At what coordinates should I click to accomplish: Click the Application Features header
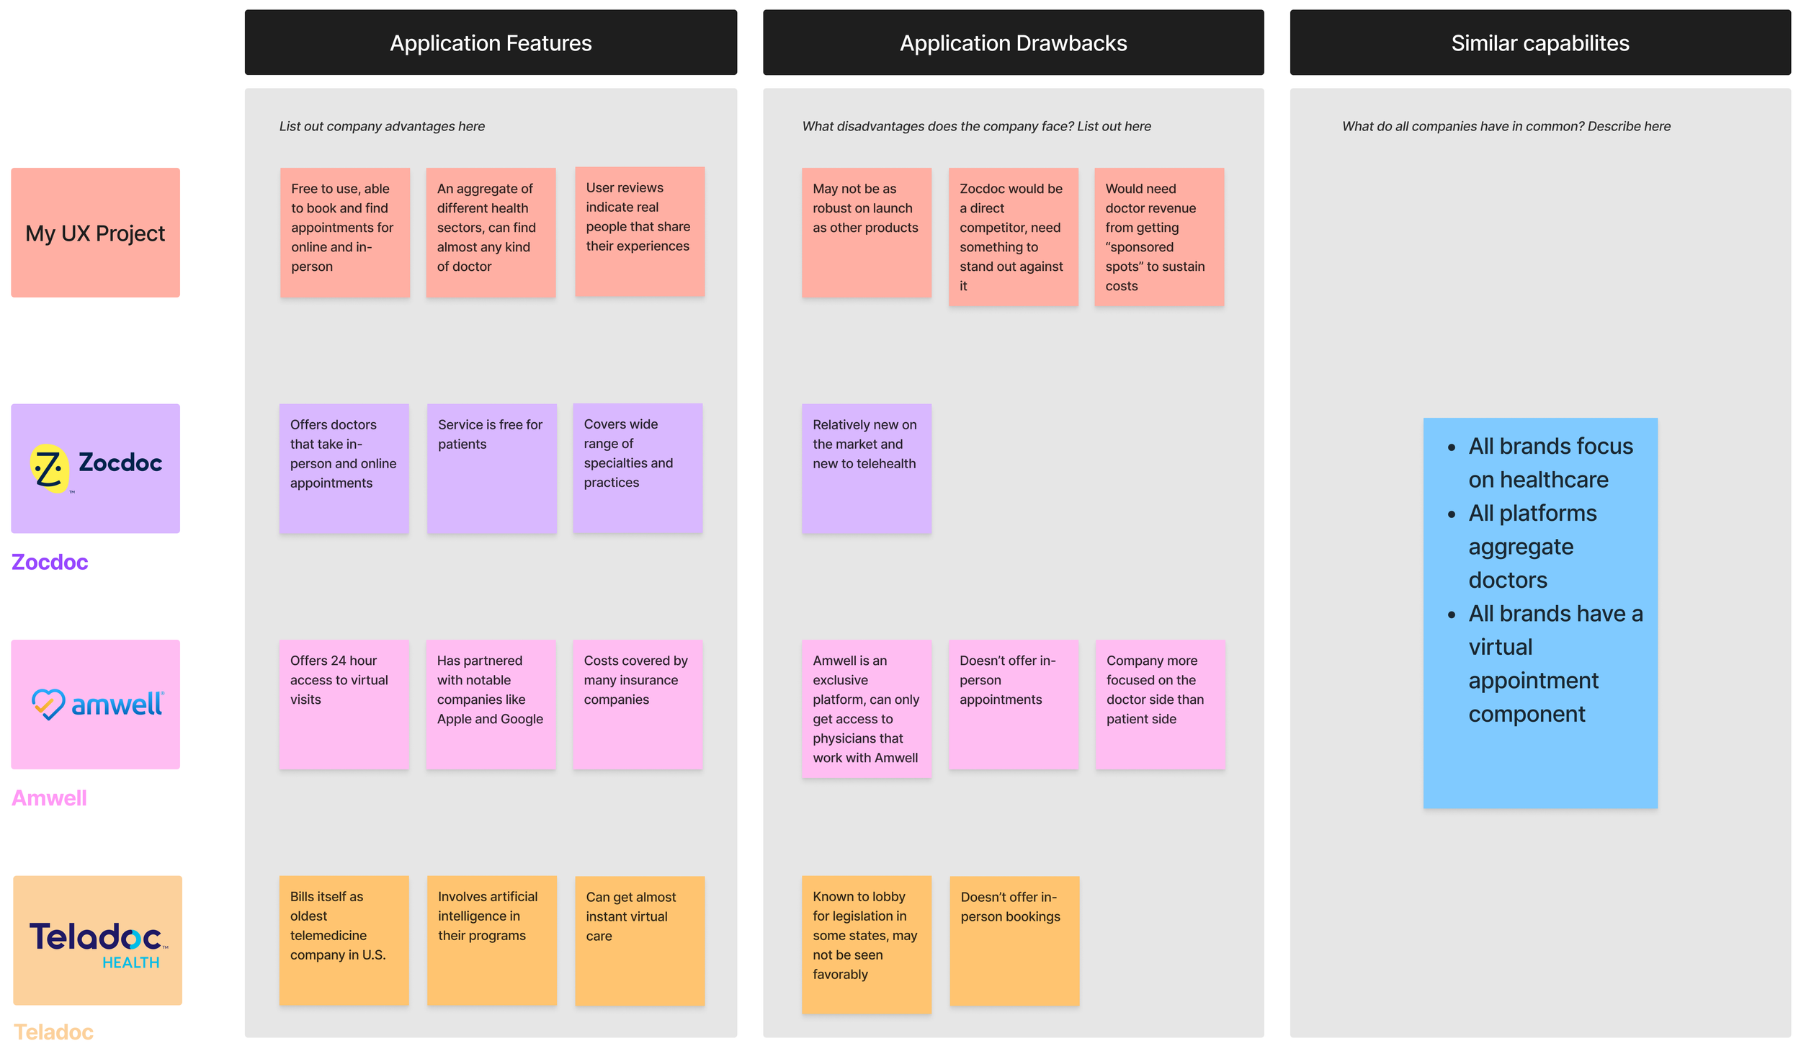(x=491, y=43)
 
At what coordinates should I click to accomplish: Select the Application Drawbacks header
(x=1013, y=43)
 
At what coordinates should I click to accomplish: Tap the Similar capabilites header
(x=1539, y=43)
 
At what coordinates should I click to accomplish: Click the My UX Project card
(x=95, y=233)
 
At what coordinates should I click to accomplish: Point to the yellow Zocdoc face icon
(x=49, y=468)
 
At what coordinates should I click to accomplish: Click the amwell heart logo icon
(x=48, y=705)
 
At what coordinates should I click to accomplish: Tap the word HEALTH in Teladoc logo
(x=130, y=962)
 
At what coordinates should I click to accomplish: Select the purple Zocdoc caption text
(x=50, y=562)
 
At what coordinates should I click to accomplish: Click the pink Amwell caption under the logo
(x=49, y=798)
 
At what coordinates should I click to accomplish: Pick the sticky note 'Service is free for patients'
(x=491, y=468)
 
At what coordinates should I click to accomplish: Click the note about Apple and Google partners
(x=491, y=705)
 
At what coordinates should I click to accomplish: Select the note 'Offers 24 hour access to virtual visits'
(x=344, y=705)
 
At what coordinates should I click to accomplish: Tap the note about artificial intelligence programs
(x=491, y=940)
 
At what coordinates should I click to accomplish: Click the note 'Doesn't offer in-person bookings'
(x=1014, y=940)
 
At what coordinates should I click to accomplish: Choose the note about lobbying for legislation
(x=867, y=944)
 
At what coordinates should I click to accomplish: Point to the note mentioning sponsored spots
(x=1159, y=237)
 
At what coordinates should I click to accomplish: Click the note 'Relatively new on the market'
(x=867, y=468)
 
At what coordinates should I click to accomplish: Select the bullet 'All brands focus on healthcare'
(x=1542, y=462)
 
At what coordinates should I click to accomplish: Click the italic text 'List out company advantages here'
(x=382, y=126)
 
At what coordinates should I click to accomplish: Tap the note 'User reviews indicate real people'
(x=640, y=231)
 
